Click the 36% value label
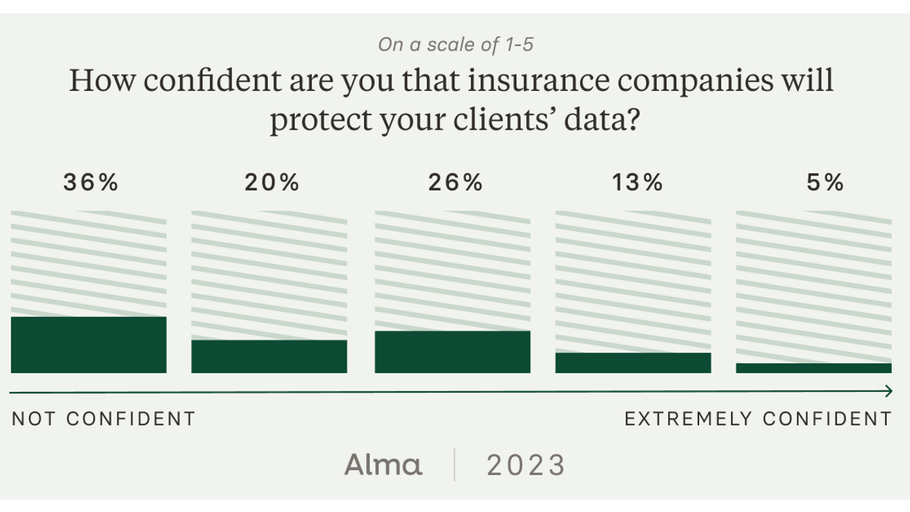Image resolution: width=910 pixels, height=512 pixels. point(90,183)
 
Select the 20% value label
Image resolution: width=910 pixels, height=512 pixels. point(271,183)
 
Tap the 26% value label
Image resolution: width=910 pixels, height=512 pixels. point(454,183)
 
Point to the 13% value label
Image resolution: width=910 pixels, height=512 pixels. point(635,183)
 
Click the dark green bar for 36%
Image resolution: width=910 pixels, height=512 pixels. point(89,345)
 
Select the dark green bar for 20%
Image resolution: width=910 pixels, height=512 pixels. point(269,357)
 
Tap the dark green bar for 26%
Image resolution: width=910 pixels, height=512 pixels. point(453,352)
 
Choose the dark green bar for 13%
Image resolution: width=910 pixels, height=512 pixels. point(633,363)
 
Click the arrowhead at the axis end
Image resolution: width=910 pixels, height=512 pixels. point(887,391)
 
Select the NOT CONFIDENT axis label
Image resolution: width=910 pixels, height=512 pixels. point(103,419)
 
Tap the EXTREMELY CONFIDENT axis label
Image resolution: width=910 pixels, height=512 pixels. point(758,419)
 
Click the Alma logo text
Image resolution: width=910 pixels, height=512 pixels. point(384,464)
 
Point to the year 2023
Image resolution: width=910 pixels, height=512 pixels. point(526,465)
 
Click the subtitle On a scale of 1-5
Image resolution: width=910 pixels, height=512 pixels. point(455,45)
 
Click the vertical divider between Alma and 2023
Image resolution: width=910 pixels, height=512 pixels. point(455,464)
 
